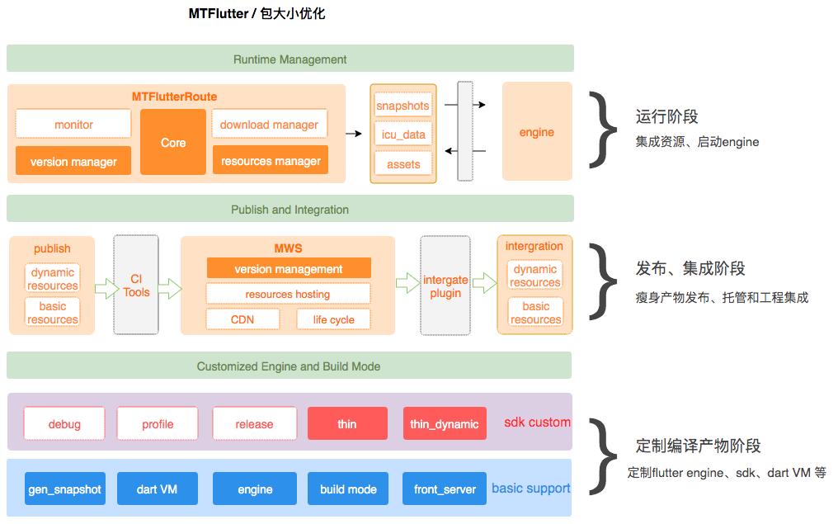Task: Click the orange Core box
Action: pos(172,142)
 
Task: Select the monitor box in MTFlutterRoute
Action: pos(73,125)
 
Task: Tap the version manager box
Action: pos(73,161)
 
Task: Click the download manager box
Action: pos(269,125)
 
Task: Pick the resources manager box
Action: pos(270,160)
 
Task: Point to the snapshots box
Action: pos(403,106)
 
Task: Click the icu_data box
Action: pos(403,134)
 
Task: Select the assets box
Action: pos(403,163)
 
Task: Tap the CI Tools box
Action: pos(136,286)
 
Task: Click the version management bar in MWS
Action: pos(288,268)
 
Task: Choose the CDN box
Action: pos(242,319)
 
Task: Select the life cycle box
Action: pos(333,319)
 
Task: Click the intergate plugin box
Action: pos(445,286)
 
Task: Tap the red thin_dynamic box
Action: pos(444,423)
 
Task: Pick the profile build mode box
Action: pos(158,423)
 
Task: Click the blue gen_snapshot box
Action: pos(64,489)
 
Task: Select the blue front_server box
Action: pos(445,489)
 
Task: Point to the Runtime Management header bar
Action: pos(290,59)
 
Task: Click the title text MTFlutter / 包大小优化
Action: pos(257,13)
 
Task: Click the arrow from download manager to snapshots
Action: pos(353,133)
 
